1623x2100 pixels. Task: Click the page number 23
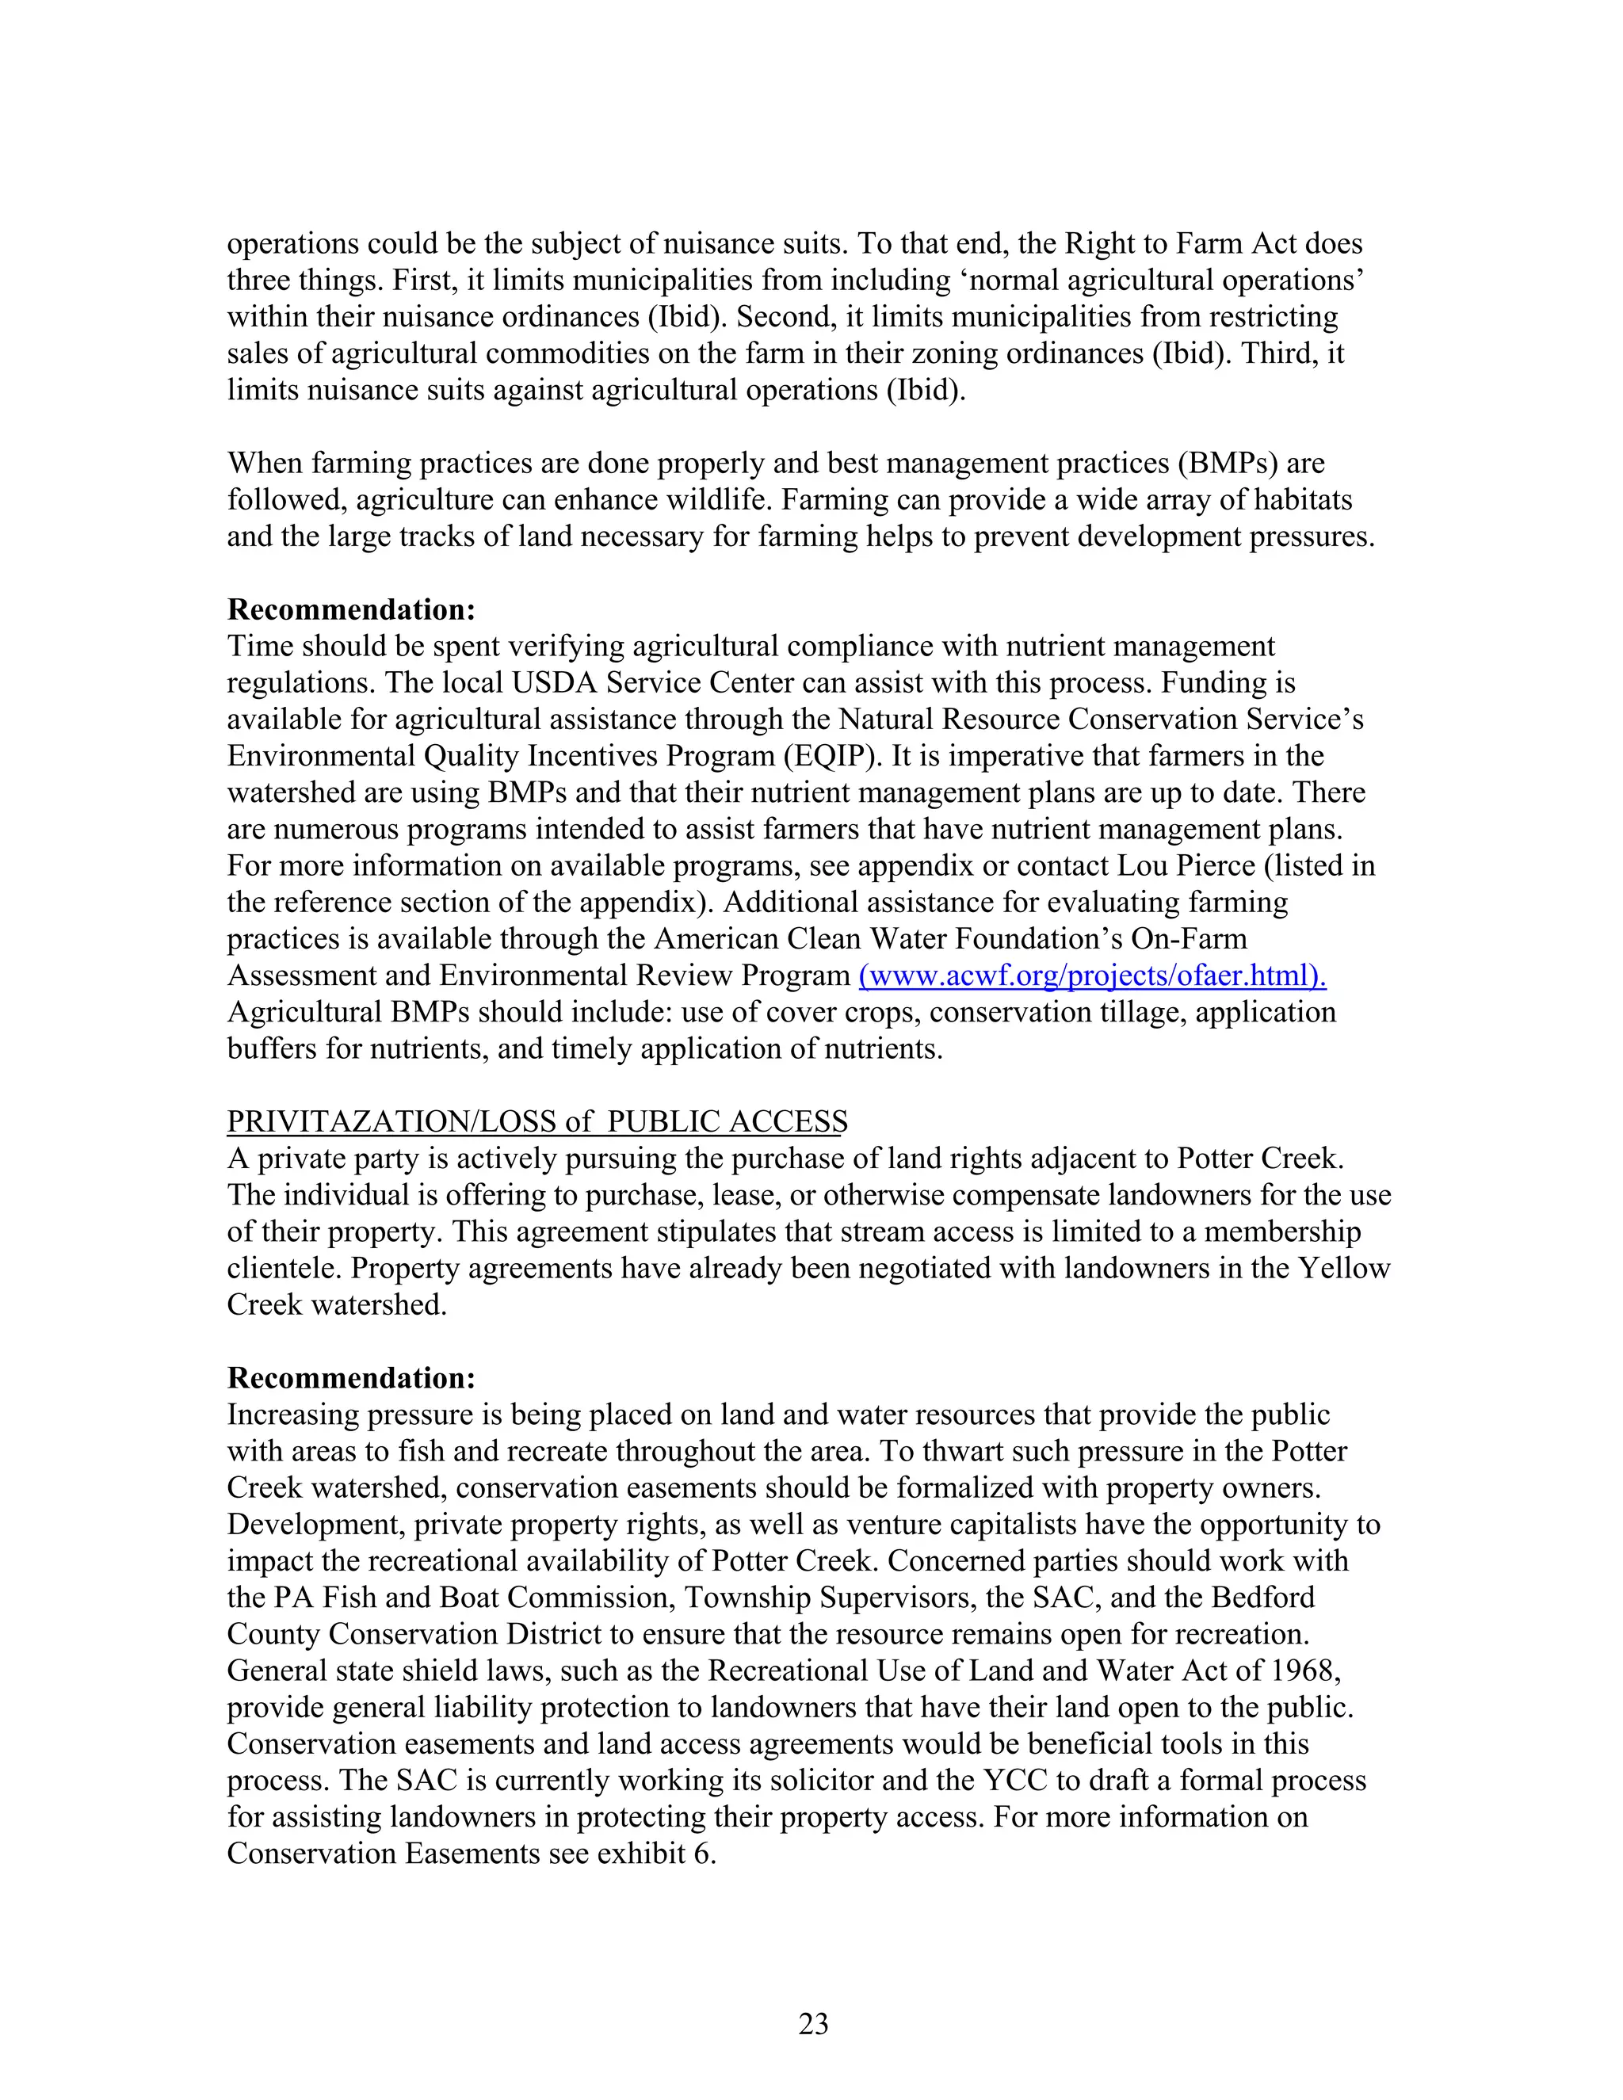pos(812,2024)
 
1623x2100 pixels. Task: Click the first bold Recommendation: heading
pos(351,609)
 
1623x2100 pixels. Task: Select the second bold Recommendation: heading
pos(351,1378)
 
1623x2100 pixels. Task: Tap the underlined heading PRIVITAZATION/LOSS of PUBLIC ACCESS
pos(537,1121)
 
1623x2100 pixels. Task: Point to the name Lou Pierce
pos(1186,865)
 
